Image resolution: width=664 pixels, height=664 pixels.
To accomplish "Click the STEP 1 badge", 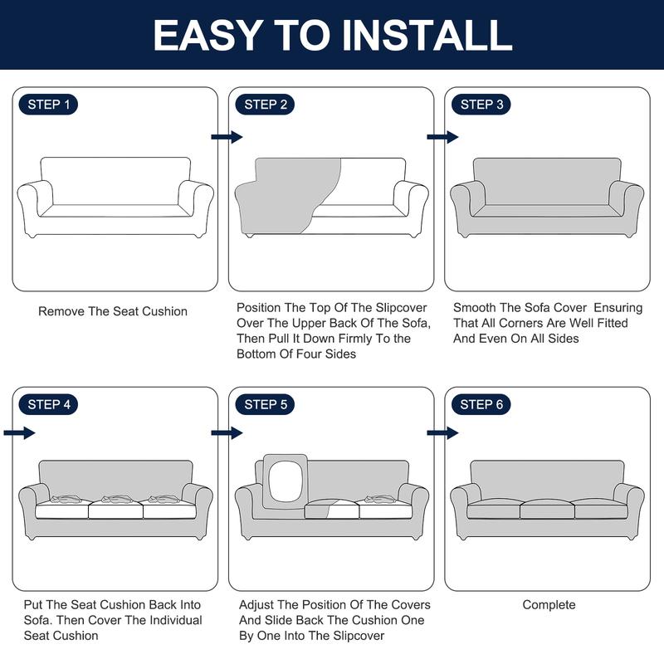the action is tap(48, 105).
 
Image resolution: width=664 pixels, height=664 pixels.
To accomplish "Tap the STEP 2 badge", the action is tap(265, 105).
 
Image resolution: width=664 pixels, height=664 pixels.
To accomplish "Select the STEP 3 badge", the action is tap(481, 105).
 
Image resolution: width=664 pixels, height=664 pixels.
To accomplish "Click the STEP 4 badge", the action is tap(48, 404).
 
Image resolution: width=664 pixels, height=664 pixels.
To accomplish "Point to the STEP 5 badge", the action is tap(265, 404).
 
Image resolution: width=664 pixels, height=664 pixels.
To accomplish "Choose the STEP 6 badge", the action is tap(481, 404).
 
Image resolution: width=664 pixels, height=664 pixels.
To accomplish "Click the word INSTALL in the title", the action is tap(427, 36).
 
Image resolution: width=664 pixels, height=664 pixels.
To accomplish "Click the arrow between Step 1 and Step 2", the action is tap(227, 137).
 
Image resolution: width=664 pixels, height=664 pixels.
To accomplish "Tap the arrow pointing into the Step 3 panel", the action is tap(443, 137).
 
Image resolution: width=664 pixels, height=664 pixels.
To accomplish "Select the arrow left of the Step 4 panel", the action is tap(19, 432).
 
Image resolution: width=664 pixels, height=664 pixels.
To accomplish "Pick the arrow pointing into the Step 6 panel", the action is tap(443, 432).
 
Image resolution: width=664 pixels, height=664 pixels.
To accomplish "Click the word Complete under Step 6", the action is tap(549, 605).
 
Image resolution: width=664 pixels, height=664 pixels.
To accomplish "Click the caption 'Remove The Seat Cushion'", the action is tap(113, 311).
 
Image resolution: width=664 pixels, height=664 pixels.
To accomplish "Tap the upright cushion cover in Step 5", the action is tap(286, 481).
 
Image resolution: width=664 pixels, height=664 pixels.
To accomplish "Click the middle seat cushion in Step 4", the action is tap(115, 507).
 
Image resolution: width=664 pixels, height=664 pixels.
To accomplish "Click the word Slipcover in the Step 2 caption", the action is tap(401, 308).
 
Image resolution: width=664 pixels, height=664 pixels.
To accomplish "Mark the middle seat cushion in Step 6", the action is tap(547, 509).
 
